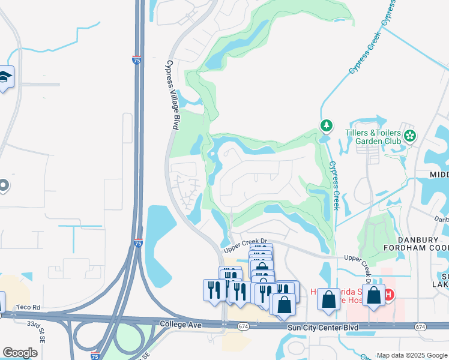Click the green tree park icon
[x=326, y=125]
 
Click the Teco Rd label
[x=28, y=307]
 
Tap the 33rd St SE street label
[x=37, y=329]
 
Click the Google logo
[x=20, y=352]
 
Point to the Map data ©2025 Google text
[x=412, y=355]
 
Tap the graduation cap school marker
[x=5, y=77]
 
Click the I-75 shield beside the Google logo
[x=95, y=356]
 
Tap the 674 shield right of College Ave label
[x=243, y=326]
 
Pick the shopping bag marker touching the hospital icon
[x=373, y=295]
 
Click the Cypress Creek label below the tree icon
[x=334, y=186]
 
